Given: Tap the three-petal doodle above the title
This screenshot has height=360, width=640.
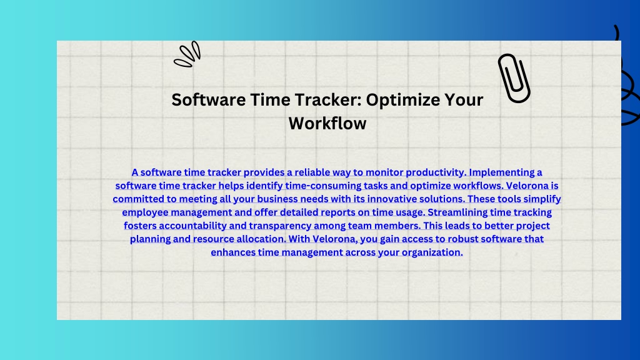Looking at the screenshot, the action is click(x=187, y=54).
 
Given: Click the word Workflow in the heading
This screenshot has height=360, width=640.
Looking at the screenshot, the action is click(x=327, y=123).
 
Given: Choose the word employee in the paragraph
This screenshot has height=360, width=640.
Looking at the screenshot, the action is click(x=145, y=212).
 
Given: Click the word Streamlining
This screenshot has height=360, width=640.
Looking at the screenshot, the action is click(x=457, y=212).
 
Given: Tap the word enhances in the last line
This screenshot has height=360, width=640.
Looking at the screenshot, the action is click(x=233, y=252).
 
